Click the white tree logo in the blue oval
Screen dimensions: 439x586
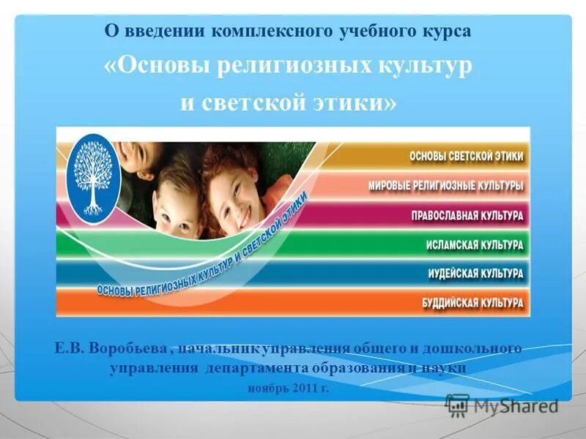click(x=93, y=179)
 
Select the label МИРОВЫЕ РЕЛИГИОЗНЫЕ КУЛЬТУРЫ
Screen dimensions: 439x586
click(x=446, y=186)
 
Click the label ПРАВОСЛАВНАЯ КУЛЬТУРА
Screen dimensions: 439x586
click(x=467, y=216)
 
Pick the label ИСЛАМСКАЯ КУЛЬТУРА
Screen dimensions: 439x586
click(x=475, y=245)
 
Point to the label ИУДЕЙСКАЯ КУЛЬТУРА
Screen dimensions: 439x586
click(x=475, y=274)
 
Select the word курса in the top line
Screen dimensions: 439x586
click(x=445, y=31)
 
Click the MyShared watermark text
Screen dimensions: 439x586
click(x=516, y=405)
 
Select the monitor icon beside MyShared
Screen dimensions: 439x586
click(x=457, y=405)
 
